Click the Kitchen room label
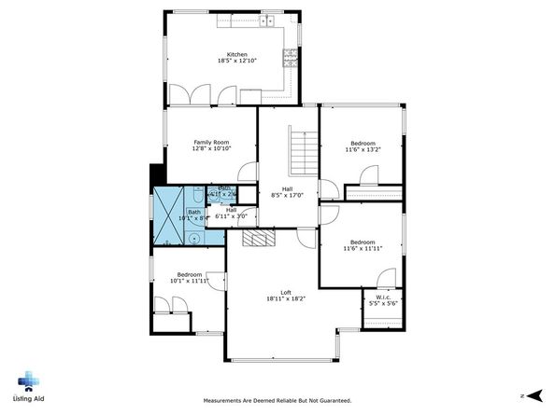coord(235,54)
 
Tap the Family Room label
coord(210,141)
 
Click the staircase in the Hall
coord(301,147)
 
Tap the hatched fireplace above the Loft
coord(259,239)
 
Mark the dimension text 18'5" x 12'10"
coord(235,62)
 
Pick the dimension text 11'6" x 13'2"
coord(362,149)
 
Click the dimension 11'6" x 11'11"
coord(362,249)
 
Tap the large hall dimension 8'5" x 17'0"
coord(289,195)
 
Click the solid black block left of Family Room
coord(156,176)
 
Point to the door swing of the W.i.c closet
coord(386,278)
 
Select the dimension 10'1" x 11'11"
coord(189,281)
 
